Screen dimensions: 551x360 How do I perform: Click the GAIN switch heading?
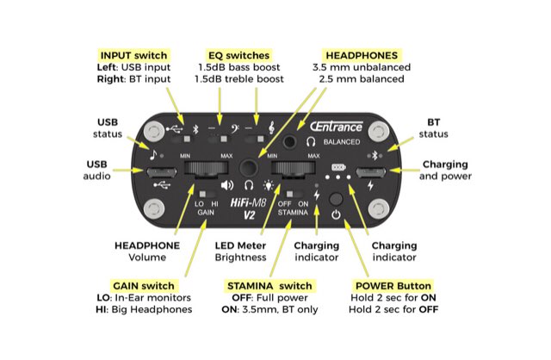(x=146, y=285)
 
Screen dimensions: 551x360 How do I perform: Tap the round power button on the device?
(x=337, y=215)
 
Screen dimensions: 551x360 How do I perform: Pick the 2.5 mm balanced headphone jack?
(x=299, y=138)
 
